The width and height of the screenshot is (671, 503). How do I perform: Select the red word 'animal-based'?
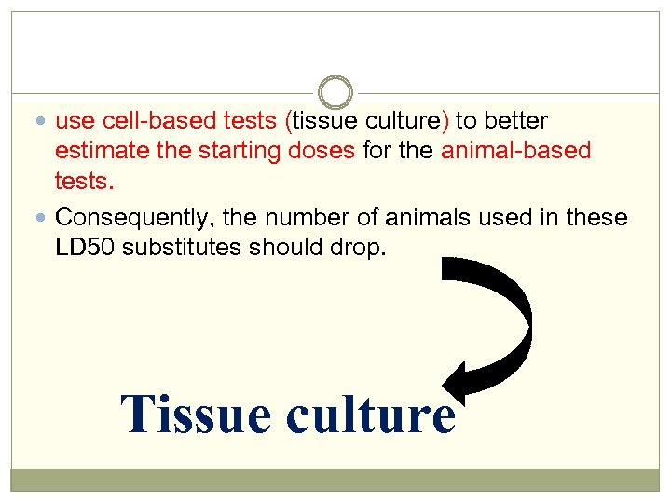[515, 151]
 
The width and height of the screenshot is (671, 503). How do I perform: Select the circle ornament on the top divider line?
[335, 92]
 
